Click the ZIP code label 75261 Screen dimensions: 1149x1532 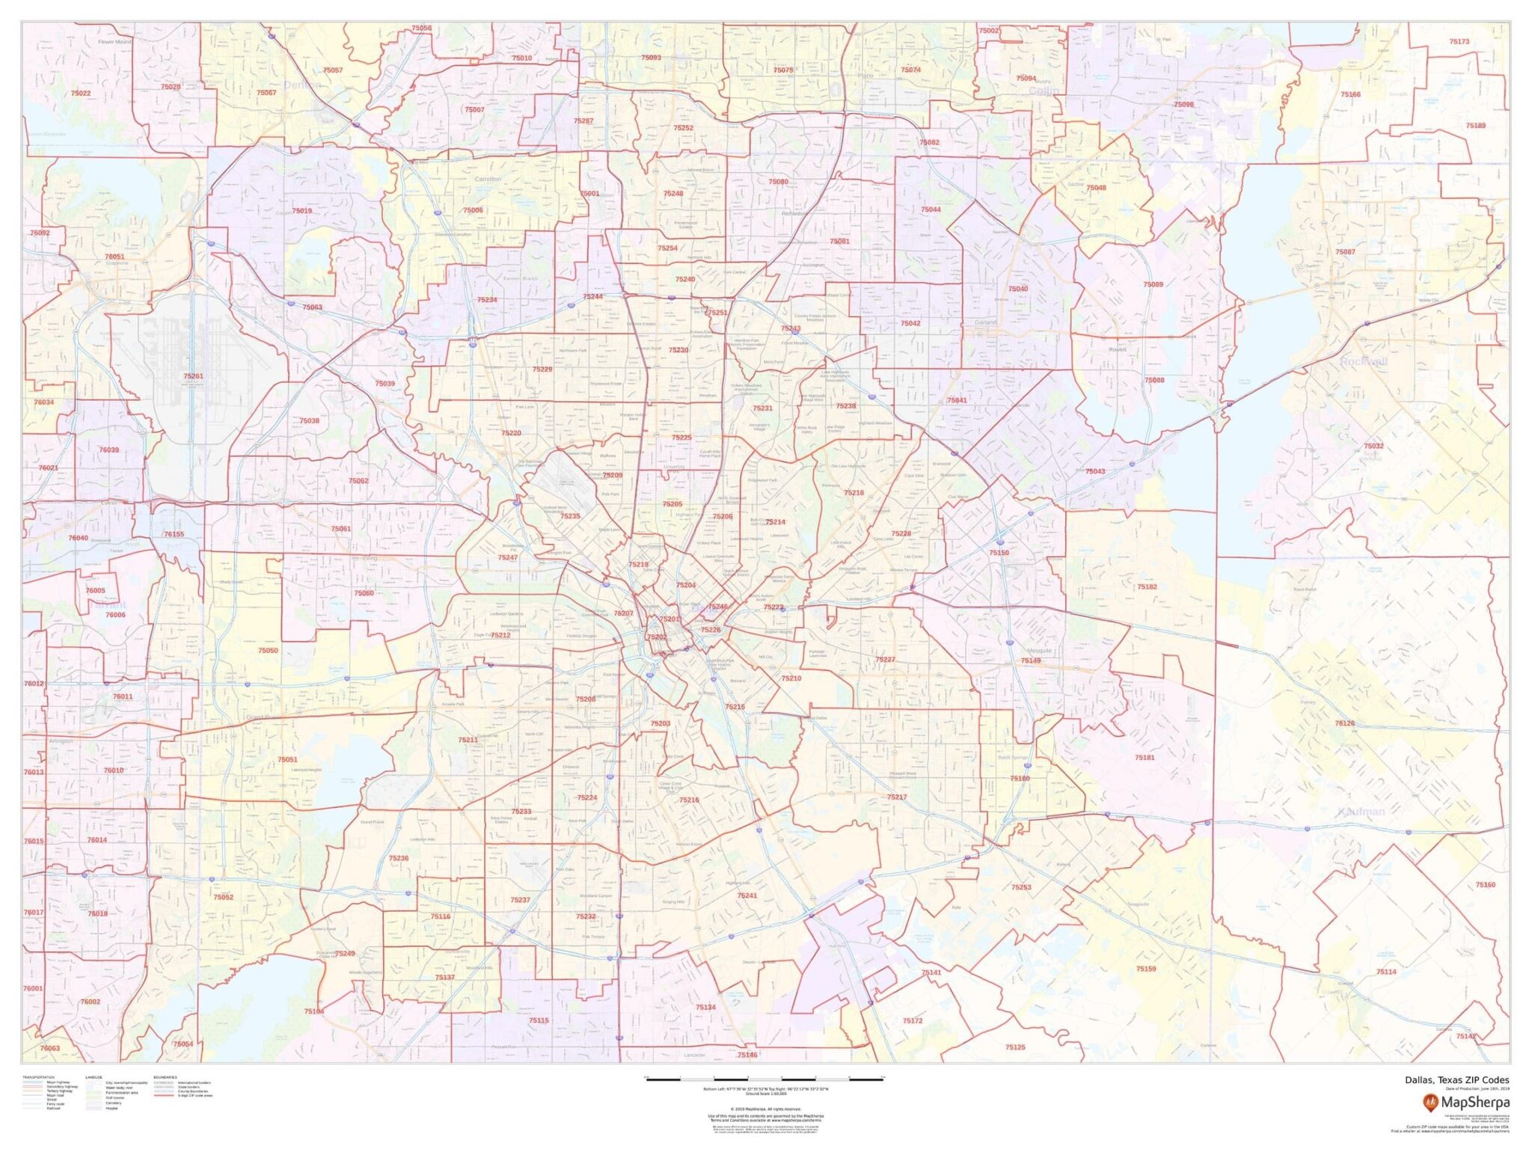coord(193,376)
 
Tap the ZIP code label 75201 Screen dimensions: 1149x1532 coord(670,619)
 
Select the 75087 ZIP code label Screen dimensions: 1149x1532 coord(1345,252)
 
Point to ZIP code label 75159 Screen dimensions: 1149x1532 coord(1145,969)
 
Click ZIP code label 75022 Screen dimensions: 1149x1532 coord(81,94)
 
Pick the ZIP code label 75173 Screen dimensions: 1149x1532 coord(1459,42)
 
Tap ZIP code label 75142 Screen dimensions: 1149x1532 coord(1466,1036)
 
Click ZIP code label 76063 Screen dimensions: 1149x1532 coord(50,1048)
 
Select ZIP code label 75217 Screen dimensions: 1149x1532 coord(897,797)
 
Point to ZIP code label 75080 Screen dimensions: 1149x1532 coord(778,182)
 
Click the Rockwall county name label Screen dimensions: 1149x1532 coord(1363,361)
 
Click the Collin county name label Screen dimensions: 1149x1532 coord(1044,91)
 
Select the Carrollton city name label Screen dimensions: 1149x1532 coord(488,180)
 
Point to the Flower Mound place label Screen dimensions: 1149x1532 coord(114,42)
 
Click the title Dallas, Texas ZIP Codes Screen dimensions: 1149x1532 coord(1456,1079)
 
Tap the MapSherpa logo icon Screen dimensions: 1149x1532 coord(1430,1102)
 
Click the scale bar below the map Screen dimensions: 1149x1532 coord(765,1079)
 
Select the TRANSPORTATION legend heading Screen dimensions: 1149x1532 coord(38,1077)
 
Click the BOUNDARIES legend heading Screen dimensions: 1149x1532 coord(165,1077)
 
